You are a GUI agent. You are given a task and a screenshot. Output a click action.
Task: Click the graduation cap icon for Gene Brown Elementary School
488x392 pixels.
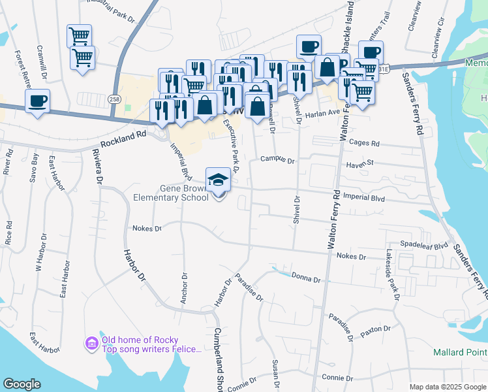[219, 179]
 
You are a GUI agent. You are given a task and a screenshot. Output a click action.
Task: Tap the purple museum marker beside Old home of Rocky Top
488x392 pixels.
[92, 343]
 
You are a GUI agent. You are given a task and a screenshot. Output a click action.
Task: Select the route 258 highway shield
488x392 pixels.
[115, 99]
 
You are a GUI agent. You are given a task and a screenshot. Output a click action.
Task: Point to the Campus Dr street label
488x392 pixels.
[278, 159]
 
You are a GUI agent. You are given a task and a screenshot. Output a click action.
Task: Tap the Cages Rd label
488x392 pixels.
[365, 142]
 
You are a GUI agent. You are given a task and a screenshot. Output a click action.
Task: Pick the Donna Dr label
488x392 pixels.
[306, 279]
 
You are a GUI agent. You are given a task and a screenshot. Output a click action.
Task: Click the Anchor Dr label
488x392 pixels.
[185, 288]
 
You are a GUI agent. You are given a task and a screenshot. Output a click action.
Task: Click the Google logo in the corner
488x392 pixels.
[22, 384]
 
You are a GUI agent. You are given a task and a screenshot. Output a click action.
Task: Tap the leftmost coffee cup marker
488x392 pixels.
[37, 101]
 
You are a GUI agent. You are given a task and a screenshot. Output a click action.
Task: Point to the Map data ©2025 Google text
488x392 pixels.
[448, 387]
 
